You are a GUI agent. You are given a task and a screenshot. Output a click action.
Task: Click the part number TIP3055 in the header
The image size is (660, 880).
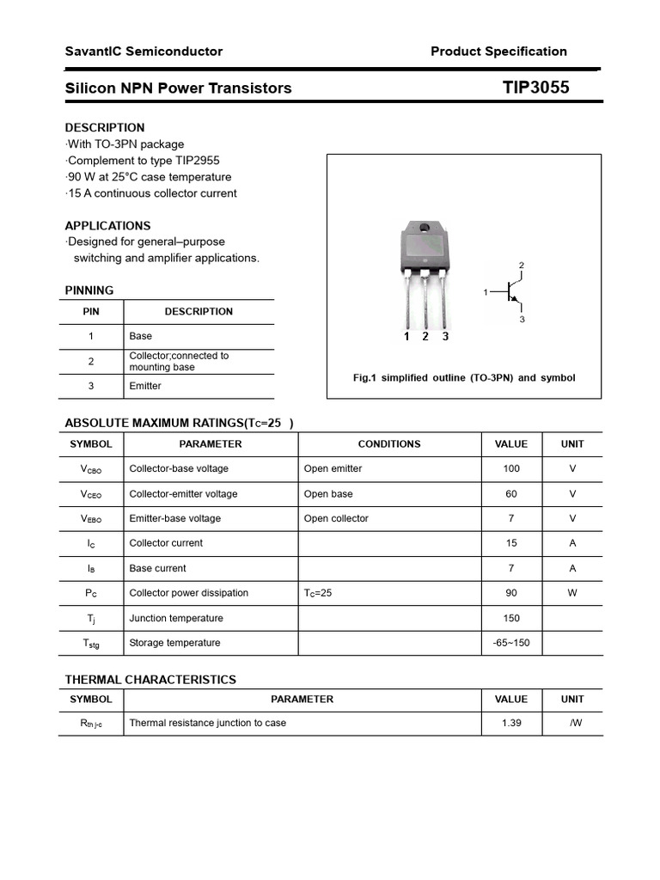(x=535, y=88)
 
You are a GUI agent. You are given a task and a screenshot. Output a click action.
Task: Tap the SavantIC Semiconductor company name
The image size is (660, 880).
(x=144, y=52)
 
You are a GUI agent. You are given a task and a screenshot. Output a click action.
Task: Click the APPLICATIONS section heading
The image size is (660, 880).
(x=107, y=226)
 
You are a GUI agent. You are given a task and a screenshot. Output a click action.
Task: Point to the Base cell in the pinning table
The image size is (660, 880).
(x=140, y=336)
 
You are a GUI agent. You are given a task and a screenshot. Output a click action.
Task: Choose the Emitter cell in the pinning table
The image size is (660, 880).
(x=145, y=386)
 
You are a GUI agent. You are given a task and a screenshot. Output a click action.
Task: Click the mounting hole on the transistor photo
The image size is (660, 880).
(x=424, y=229)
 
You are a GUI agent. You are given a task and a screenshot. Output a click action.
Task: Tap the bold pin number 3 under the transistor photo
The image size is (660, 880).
(x=445, y=337)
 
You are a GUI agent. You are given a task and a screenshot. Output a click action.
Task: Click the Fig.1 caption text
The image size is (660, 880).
(x=464, y=378)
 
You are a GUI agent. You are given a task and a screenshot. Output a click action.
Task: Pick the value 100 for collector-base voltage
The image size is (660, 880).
(x=511, y=469)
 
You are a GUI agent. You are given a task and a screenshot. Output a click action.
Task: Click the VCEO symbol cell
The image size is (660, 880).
(x=91, y=494)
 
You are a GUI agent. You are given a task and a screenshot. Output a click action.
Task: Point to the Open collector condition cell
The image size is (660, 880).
(x=336, y=518)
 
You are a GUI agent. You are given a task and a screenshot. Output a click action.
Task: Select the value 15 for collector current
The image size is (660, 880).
(x=511, y=543)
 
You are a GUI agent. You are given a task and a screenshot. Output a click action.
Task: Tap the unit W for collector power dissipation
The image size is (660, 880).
(x=571, y=593)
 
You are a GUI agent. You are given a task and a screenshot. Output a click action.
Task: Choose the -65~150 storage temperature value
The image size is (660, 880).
(x=511, y=643)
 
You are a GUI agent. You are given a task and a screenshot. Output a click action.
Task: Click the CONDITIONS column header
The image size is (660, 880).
(x=389, y=444)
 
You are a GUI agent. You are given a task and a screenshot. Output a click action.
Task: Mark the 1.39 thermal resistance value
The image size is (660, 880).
(x=511, y=724)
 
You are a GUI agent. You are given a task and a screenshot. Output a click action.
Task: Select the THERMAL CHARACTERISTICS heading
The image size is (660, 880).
(x=150, y=680)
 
